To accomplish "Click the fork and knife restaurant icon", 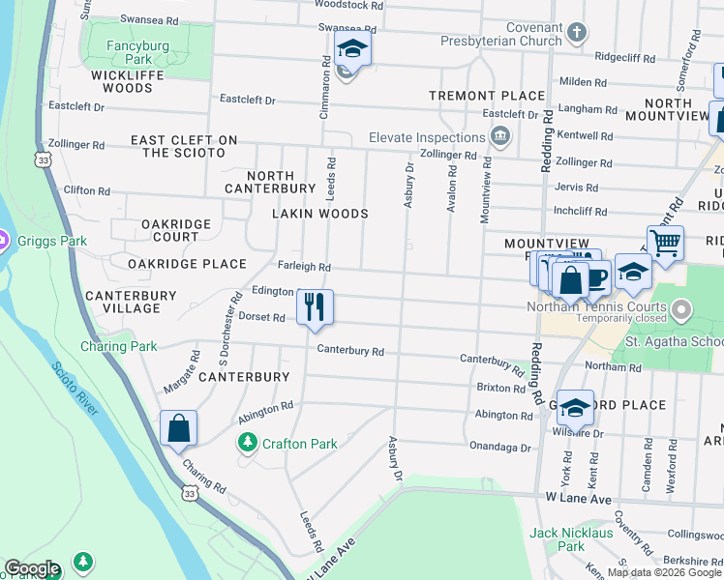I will tap(315, 307).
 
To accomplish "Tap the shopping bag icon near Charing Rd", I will tap(179, 428).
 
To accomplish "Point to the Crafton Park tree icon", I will tap(247, 444).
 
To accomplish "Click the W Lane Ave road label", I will tap(580, 500).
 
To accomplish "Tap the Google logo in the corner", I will tap(32, 568).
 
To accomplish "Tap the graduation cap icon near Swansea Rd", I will tap(352, 48).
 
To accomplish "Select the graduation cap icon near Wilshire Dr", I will tap(574, 408).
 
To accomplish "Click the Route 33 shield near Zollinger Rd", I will tap(41, 161).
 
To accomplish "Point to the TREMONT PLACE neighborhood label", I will tap(488, 96).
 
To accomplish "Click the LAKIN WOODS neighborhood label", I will tap(319, 214).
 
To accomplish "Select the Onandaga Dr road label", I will tap(499, 448).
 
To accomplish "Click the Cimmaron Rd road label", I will tap(324, 87).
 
